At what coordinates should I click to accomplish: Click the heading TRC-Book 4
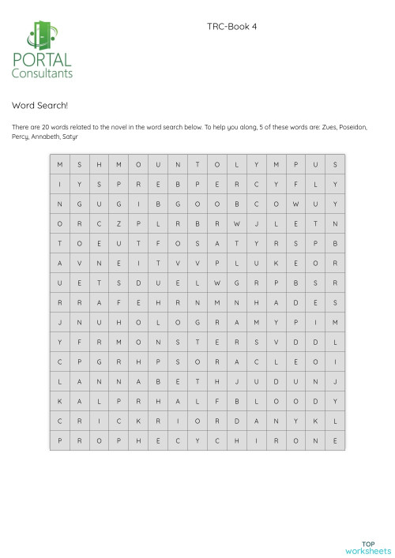[x=231, y=26]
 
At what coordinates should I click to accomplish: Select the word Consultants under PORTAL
[x=42, y=73]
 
